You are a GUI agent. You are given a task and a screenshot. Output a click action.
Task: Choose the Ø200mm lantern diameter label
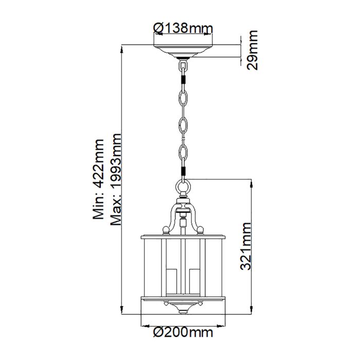pyautogui.click(x=183, y=333)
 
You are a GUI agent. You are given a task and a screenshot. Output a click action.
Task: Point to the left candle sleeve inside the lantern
pyautogui.click(x=173, y=280)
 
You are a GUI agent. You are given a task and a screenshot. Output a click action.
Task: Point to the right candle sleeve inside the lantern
pyautogui.click(x=193, y=280)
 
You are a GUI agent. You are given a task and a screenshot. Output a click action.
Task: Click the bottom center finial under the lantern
pyautogui.click(x=183, y=311)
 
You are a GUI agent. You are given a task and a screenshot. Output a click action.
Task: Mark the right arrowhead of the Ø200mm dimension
pyautogui.click(x=222, y=325)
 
